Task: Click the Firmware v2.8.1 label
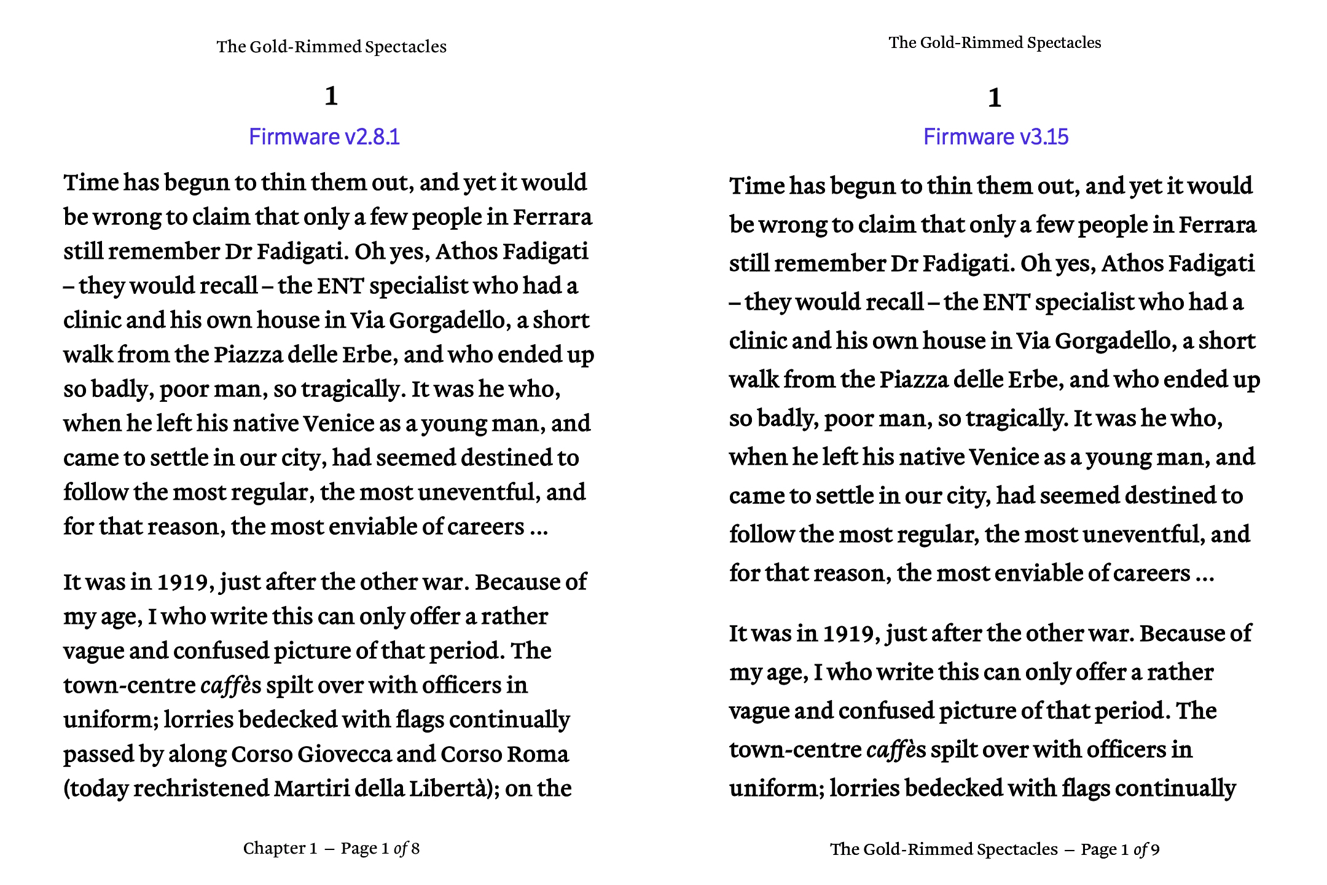coord(324,136)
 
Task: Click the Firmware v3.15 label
coord(996,136)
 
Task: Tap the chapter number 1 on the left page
coord(331,96)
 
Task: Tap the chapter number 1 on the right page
coord(995,98)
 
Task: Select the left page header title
coord(331,47)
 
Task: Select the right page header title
coord(995,42)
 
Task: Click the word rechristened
coord(201,789)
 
